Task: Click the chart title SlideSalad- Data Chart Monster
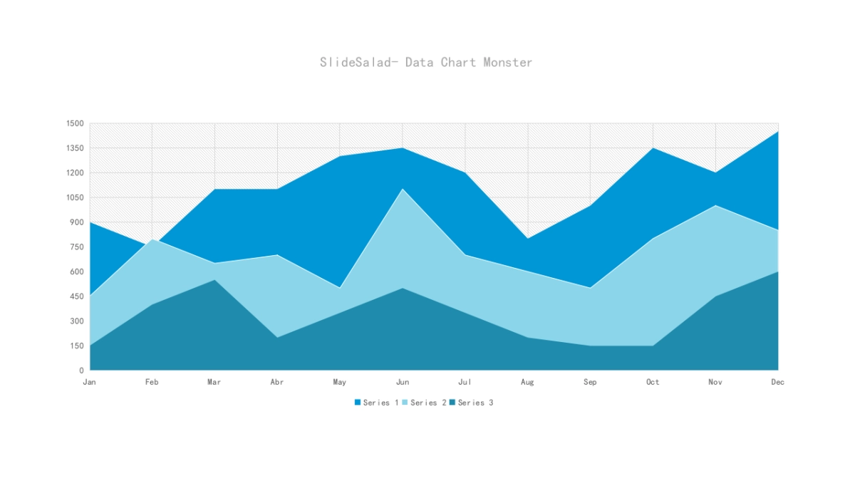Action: pyautogui.click(x=426, y=63)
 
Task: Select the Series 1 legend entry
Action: pyautogui.click(x=376, y=403)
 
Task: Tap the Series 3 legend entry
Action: pyautogui.click(x=471, y=403)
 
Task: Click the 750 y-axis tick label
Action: pyautogui.click(x=76, y=247)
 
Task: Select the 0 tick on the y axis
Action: pyautogui.click(x=81, y=371)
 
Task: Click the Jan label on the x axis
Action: pyautogui.click(x=89, y=383)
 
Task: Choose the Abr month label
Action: pyautogui.click(x=277, y=383)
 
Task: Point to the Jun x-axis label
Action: pyautogui.click(x=403, y=383)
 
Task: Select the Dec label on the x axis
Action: pyautogui.click(x=777, y=383)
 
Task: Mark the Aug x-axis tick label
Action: pyautogui.click(x=527, y=383)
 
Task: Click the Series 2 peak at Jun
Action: pyautogui.click(x=403, y=189)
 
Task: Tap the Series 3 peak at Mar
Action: pyautogui.click(x=214, y=279)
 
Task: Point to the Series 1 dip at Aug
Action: pyautogui.click(x=528, y=238)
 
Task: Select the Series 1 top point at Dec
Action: pyautogui.click(x=777, y=132)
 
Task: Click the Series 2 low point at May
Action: pyautogui.click(x=340, y=287)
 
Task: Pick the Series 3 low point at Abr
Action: pyautogui.click(x=277, y=337)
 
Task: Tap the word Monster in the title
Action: pyautogui.click(x=508, y=63)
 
